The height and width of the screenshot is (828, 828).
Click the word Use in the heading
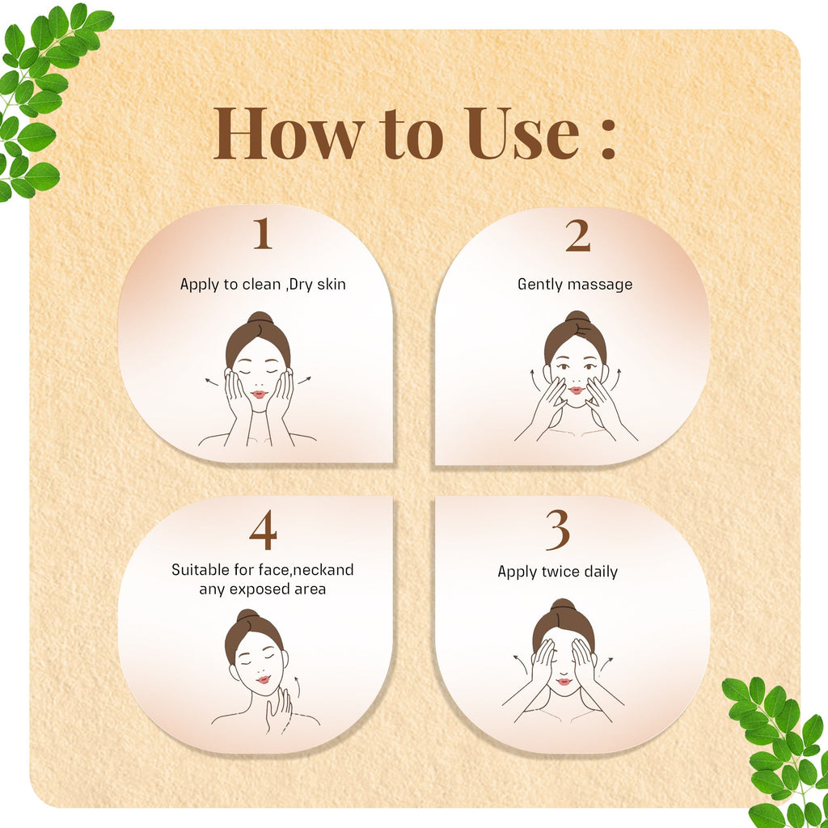(522, 133)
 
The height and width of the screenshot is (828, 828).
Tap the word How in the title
(289, 133)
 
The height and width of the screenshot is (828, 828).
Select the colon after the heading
(608, 139)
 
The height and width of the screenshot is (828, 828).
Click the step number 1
(263, 234)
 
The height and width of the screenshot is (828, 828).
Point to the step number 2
(577, 235)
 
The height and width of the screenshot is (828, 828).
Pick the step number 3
(558, 530)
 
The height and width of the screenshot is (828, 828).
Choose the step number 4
(263, 530)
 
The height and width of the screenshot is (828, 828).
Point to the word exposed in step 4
(260, 589)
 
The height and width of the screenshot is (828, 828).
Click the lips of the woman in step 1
(260, 394)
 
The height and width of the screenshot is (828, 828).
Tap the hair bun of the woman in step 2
(577, 317)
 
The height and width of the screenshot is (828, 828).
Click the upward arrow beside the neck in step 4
(298, 686)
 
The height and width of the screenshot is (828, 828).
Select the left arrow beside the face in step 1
(211, 382)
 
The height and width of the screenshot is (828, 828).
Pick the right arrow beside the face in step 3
(606, 663)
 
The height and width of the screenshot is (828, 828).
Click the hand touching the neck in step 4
(279, 712)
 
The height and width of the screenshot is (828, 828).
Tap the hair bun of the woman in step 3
(563, 605)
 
